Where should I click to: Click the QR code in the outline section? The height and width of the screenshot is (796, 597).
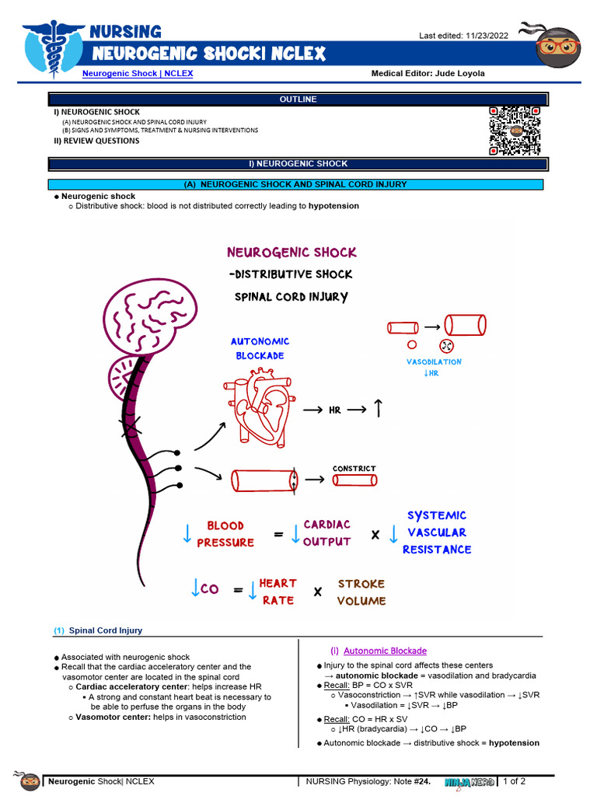coord(514,130)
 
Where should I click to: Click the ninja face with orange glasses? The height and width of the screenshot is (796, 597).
coord(557,46)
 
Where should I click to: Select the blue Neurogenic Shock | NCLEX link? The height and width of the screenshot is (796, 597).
coord(138,74)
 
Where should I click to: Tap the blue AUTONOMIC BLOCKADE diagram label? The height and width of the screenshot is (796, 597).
coord(260,348)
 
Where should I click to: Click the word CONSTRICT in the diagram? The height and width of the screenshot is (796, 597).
coord(354,469)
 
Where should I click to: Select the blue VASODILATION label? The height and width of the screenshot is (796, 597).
coord(433,362)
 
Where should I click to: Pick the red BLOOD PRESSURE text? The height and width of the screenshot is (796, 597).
coord(225,534)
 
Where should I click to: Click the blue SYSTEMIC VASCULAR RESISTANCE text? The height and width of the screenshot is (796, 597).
coord(436,532)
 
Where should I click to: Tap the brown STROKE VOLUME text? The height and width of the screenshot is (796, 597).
coord(361,592)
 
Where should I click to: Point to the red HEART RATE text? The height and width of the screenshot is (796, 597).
coord(278,592)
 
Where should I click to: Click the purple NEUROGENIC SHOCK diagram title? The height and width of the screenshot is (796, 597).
coord(292,253)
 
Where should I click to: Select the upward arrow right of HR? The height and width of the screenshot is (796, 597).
coord(378,409)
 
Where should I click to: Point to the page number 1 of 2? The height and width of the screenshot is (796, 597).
coord(515,780)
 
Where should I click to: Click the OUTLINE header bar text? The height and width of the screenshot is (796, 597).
coord(298,99)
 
